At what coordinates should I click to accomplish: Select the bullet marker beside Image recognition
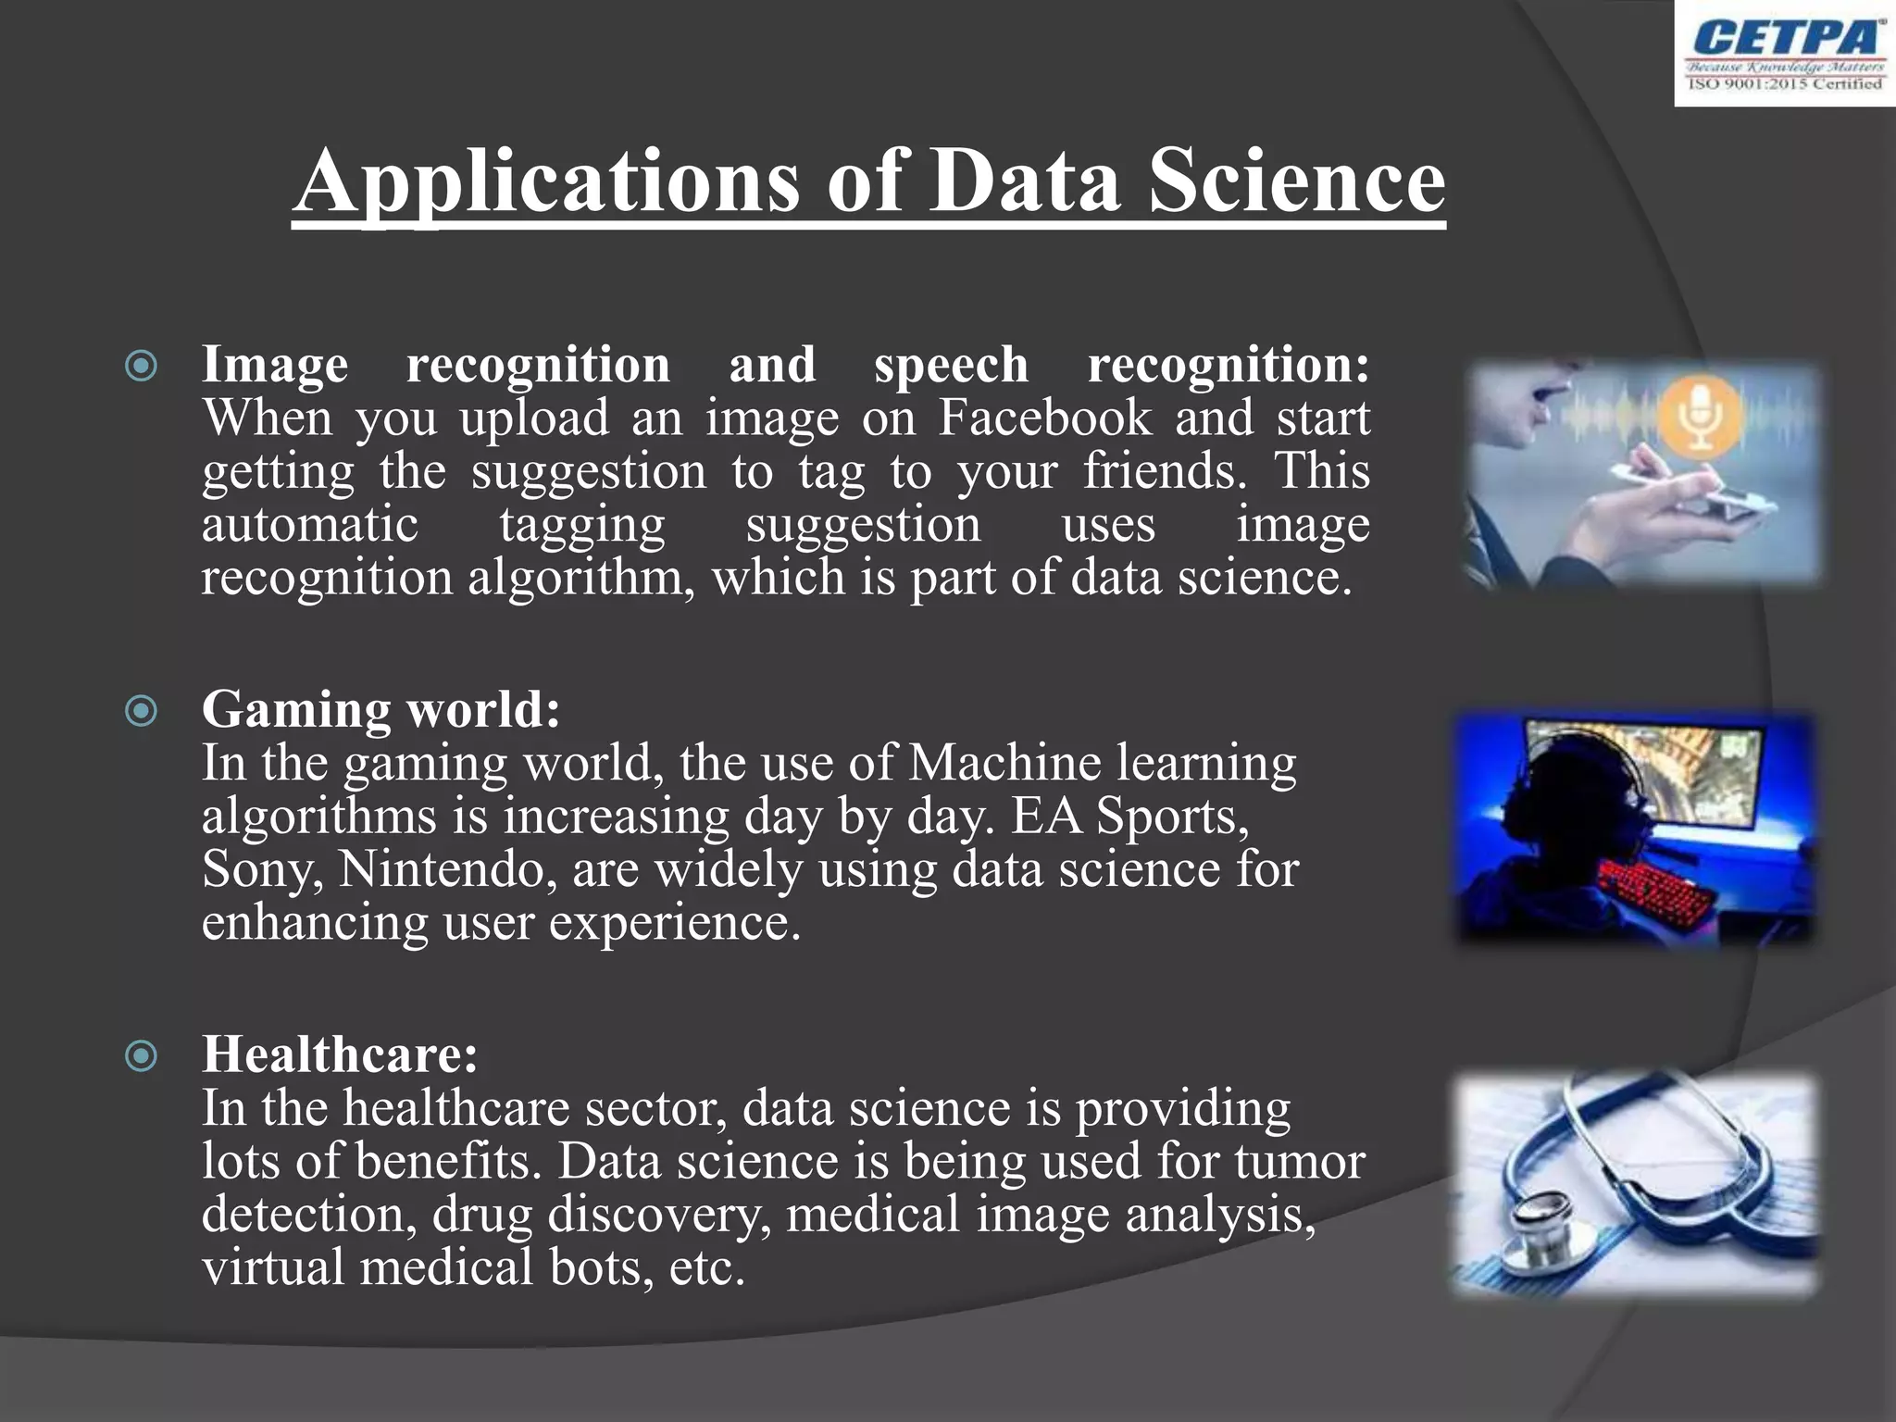pyautogui.click(x=141, y=367)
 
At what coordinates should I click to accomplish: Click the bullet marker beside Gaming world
pyautogui.click(x=141, y=711)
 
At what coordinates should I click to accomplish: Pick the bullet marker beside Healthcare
pyautogui.click(x=141, y=1055)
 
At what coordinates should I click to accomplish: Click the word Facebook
pyautogui.click(x=1044, y=418)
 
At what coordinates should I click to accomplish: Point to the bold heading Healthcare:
pyautogui.click(x=340, y=1054)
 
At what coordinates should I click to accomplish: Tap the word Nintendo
pyautogui.click(x=441, y=870)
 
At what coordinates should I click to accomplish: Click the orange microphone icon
pyautogui.click(x=1700, y=417)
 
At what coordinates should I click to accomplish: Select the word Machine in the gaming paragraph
pyautogui.click(x=1004, y=764)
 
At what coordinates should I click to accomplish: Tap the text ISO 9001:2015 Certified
pyautogui.click(x=1784, y=84)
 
